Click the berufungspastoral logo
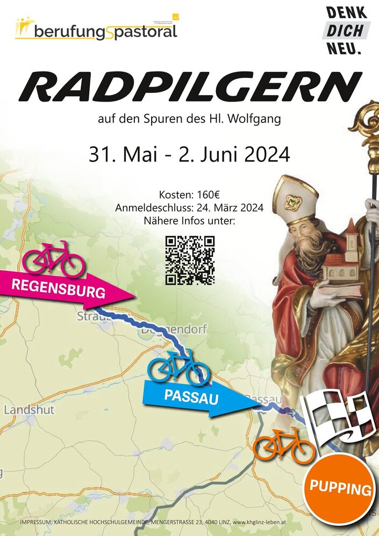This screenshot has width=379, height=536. point(97,30)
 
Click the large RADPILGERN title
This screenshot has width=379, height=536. point(189,87)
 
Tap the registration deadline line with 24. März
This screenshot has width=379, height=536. point(189,208)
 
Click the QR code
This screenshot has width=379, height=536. point(190,260)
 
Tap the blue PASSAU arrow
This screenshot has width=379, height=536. point(194,398)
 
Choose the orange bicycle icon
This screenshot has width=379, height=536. point(284,445)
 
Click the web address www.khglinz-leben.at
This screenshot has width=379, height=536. point(323,523)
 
